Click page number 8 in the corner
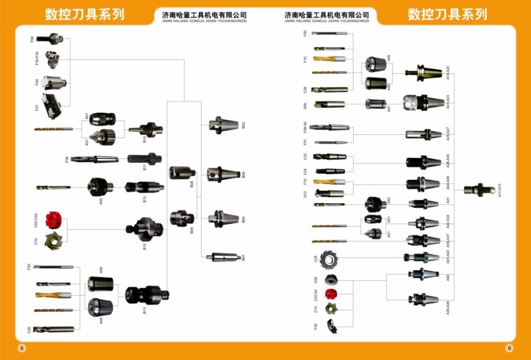[22, 348]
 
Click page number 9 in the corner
[509, 348]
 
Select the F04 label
[32, 39]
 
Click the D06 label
[305, 106]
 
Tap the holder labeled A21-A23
[422, 102]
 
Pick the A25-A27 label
[448, 133]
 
